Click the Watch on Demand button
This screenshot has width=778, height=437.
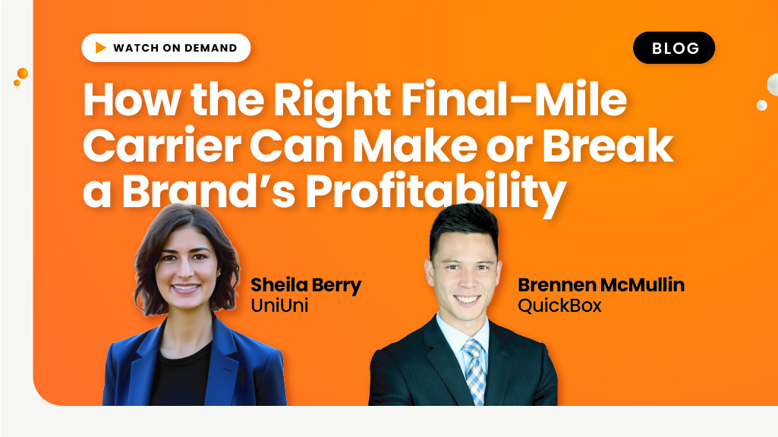pyautogui.click(x=165, y=48)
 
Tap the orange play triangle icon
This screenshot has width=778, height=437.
pyautogui.click(x=101, y=48)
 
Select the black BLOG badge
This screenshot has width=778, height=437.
pyautogui.click(x=674, y=48)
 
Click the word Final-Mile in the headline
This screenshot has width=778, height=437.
pyautogui.click(x=514, y=99)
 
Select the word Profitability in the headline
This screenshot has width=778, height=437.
pyautogui.click(x=436, y=191)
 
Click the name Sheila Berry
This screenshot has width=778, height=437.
pyautogui.click(x=306, y=285)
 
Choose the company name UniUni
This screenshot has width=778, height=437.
pyautogui.click(x=279, y=305)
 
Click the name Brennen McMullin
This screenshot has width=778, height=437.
pyautogui.click(x=601, y=285)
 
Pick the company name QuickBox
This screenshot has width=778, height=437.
pyautogui.click(x=559, y=305)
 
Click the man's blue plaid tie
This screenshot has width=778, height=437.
pyautogui.click(x=474, y=369)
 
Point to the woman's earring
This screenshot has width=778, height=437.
pyautogui.click(x=219, y=274)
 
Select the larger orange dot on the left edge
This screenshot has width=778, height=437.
pyautogui.click(x=23, y=74)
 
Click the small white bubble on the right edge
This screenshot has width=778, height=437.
pyautogui.click(x=761, y=105)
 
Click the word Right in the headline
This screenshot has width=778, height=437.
pyautogui.click(x=332, y=100)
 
